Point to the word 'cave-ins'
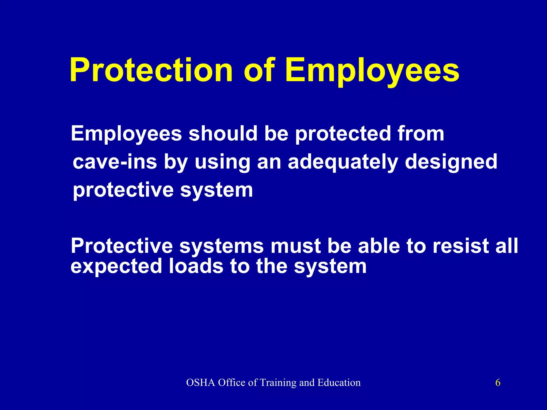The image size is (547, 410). (x=115, y=162)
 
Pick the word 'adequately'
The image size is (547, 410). (x=343, y=162)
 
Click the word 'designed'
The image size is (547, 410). (x=451, y=162)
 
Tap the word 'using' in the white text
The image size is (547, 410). (x=222, y=162)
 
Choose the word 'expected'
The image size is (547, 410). (x=116, y=266)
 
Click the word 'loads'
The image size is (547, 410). (x=196, y=266)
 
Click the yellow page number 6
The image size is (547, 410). (x=498, y=383)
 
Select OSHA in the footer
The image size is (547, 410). (x=201, y=383)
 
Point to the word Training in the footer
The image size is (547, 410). (x=278, y=383)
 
